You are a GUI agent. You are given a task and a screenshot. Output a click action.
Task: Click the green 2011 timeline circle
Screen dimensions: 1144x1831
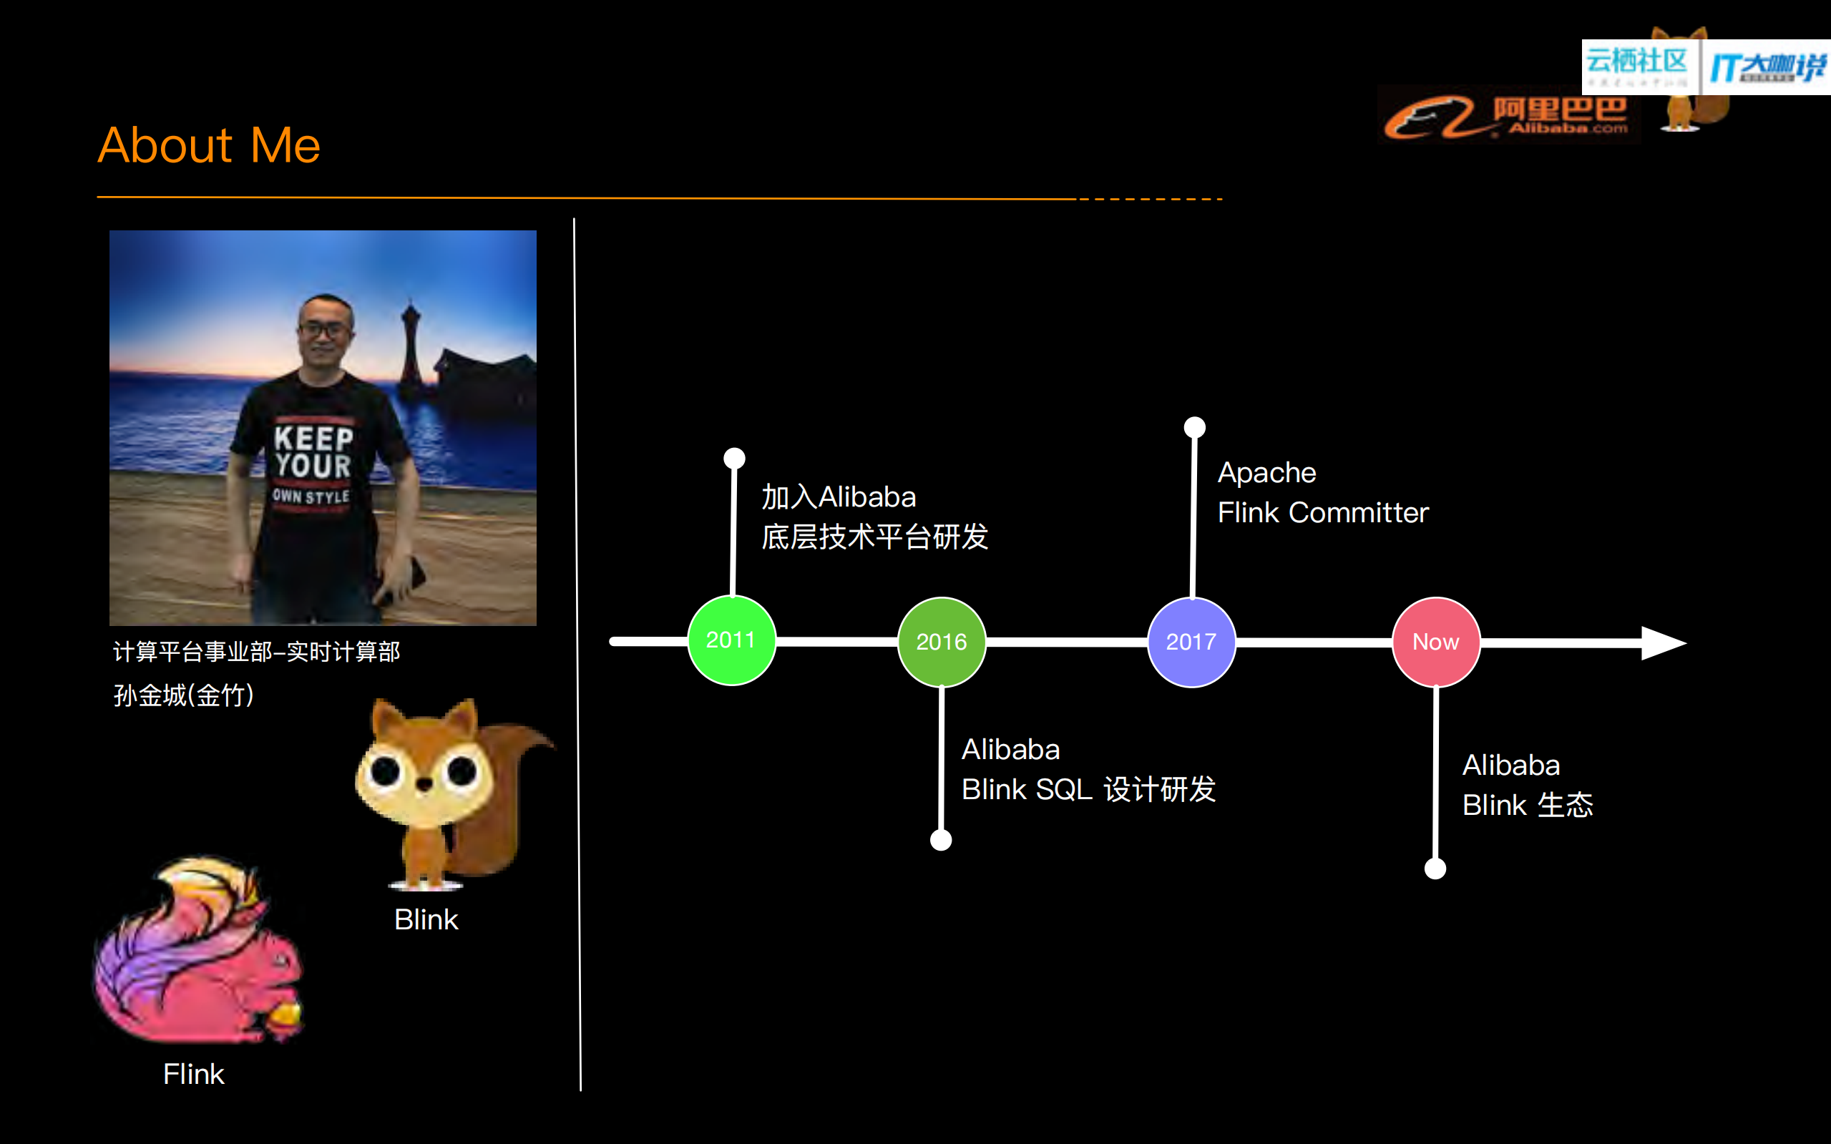[x=731, y=641]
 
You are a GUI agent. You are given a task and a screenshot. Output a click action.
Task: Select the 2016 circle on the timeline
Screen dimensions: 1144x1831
[x=941, y=642]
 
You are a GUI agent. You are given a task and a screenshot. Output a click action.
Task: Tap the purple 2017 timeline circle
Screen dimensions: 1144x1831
[x=1191, y=642]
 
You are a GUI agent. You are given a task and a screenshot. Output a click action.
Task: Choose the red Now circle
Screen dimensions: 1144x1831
[x=1435, y=642]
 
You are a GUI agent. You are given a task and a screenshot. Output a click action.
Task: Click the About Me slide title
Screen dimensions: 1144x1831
[x=209, y=145]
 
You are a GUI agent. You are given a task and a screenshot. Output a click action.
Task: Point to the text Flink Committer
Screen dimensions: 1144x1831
[x=1322, y=513]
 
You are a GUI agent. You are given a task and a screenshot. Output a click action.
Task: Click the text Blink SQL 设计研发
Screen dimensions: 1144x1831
[x=1088, y=790]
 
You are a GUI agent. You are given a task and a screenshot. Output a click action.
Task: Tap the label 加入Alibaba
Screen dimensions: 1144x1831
[x=839, y=497]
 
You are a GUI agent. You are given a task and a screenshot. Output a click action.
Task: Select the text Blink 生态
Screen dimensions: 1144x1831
[x=1527, y=805]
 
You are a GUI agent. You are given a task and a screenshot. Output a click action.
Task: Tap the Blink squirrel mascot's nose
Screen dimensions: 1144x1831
[x=424, y=784]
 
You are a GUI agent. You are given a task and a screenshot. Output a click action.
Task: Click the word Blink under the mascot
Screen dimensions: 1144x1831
[x=426, y=920]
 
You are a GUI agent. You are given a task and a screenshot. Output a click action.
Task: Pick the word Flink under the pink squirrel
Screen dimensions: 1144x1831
[x=194, y=1075]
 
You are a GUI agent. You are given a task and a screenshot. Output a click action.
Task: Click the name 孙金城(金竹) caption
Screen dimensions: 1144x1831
[x=183, y=695]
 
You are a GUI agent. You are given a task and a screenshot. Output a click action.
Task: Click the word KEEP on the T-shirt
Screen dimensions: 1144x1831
[x=313, y=438]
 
